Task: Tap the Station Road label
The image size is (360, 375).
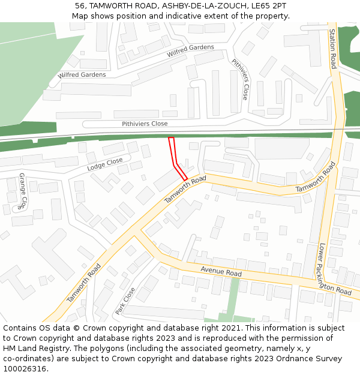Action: point(333,49)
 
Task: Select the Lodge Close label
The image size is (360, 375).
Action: point(105,164)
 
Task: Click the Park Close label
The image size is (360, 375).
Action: point(125,301)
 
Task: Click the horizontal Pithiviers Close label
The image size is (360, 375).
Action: point(145,124)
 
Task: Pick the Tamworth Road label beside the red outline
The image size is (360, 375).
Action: point(185,189)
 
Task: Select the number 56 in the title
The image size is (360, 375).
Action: point(80,5)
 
